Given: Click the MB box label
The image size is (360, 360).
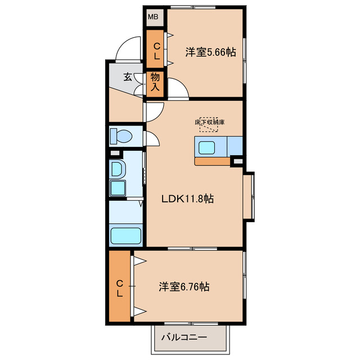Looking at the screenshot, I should pyautogui.click(x=153, y=17).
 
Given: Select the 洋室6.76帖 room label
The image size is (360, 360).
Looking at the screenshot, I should pyautogui.click(x=183, y=287).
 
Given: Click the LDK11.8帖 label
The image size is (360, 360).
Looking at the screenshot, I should pyautogui.click(x=187, y=199).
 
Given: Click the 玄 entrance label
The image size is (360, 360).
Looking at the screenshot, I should pyautogui.click(x=128, y=77).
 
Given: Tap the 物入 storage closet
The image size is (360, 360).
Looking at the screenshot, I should pyautogui.click(x=155, y=83).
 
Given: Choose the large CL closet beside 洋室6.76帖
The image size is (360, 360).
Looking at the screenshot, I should pyautogui.click(x=120, y=288).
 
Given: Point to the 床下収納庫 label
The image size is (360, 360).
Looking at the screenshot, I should pyautogui.click(x=210, y=121).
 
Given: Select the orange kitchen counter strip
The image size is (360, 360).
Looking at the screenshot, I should pyautogui.click(x=212, y=162).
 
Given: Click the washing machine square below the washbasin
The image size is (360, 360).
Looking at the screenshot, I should pyautogui.click(x=118, y=187).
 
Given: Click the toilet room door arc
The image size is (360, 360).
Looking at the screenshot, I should pyautogui.click(x=152, y=138).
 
